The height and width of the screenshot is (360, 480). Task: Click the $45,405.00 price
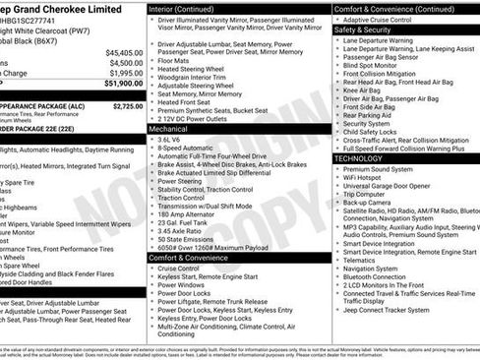click(x=125, y=52)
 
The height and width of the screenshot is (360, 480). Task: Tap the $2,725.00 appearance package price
click(x=128, y=105)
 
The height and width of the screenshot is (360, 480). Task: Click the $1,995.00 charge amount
click(x=126, y=73)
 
